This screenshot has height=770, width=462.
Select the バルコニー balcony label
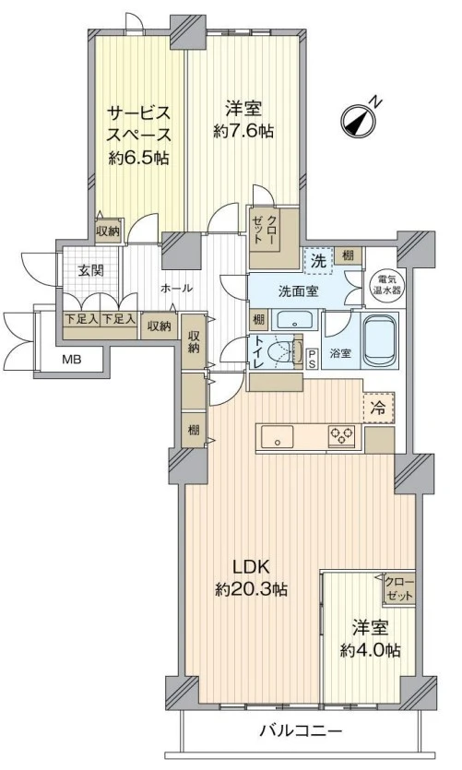pos(300,731)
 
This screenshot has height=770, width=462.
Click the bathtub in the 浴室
pos(379,340)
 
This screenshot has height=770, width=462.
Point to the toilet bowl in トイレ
pos(282,350)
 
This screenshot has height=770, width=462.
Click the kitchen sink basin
pos(278,436)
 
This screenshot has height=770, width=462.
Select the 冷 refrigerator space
pos(378,408)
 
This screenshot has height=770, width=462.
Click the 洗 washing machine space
pos(319,261)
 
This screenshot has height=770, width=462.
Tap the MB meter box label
pos(72,360)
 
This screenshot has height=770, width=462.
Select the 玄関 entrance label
pos(90,269)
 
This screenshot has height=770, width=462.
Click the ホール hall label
pos(176,289)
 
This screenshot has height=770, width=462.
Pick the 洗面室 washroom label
pos(299,291)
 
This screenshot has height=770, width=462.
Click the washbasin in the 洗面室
pos(294,321)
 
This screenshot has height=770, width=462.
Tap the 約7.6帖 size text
pos(243,131)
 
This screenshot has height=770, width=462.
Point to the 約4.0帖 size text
pos(370,650)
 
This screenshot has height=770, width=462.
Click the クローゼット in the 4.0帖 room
pos(399,588)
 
